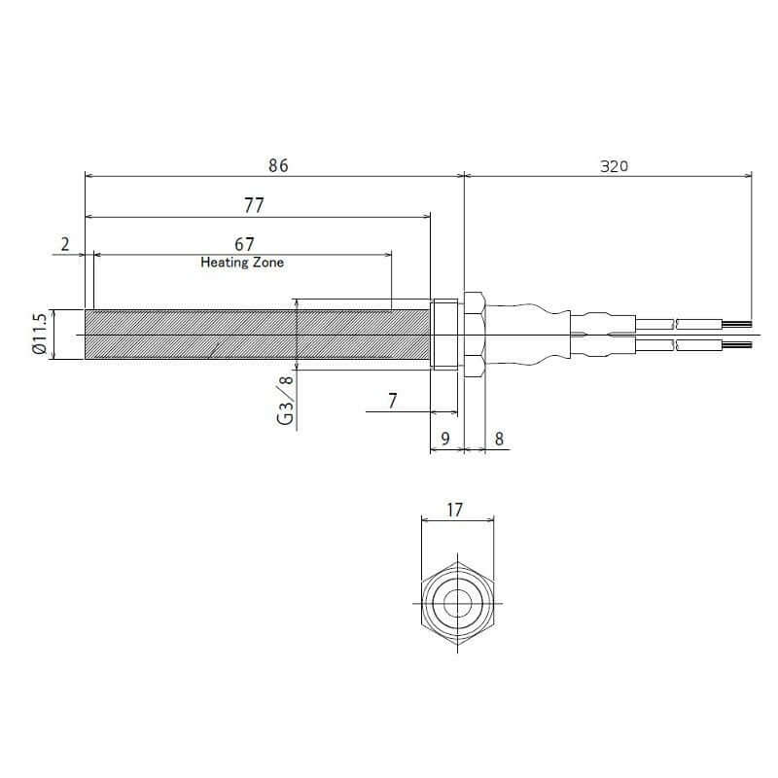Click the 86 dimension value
coord(278,165)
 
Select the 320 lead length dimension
coord(614,166)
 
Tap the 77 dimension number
coord(254,205)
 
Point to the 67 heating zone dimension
coord(244,244)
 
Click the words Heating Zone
coord(242,262)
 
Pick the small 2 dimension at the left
coord(65,244)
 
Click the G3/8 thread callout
coord(285,401)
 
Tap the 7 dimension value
coord(393,401)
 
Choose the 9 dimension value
coord(445,439)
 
